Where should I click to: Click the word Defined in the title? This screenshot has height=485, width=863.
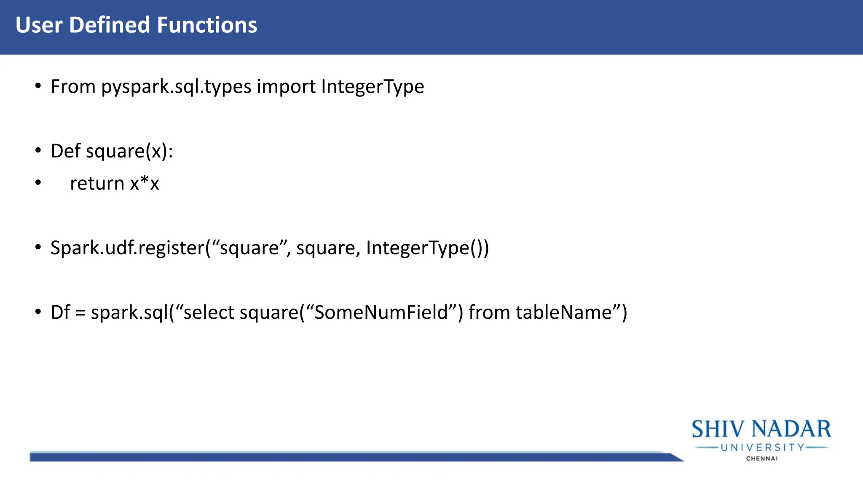pos(110,25)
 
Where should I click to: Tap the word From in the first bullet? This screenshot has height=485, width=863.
pos(73,87)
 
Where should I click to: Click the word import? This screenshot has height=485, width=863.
pos(286,87)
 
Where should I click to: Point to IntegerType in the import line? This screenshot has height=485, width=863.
pos(373,87)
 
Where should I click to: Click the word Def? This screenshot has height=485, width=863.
pos(66,151)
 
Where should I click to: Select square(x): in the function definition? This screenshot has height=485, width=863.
pos(130,151)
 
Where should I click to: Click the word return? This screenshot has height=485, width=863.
pos(97,184)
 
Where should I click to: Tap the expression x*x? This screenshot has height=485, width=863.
pos(145,184)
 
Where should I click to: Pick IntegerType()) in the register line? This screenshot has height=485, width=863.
pos(427,248)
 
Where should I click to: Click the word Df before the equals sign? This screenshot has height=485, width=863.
pos(60,313)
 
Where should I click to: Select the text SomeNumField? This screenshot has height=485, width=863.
pos(381,313)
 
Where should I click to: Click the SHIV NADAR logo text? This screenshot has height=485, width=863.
pos(761,429)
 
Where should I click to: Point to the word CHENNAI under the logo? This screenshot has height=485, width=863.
pos(762,458)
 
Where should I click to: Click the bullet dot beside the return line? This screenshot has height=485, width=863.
pos(38,183)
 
